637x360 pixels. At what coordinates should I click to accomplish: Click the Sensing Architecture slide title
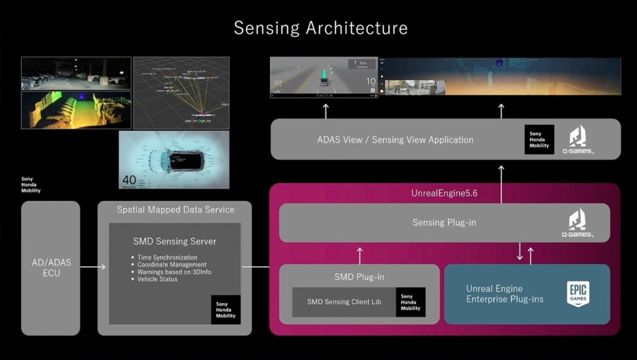(x=321, y=28)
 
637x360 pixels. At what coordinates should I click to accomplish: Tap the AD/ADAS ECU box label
(x=51, y=268)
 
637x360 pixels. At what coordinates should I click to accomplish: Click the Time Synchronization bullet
(x=167, y=258)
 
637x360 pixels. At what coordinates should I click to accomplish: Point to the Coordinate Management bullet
(x=171, y=264)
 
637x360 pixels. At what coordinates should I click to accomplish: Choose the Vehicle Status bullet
(x=157, y=279)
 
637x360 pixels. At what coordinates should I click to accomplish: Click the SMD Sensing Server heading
(x=175, y=241)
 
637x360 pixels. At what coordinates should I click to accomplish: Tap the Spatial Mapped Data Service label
(x=175, y=210)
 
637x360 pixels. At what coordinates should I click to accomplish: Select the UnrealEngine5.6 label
(x=444, y=193)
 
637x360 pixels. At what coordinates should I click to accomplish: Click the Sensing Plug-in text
(x=444, y=222)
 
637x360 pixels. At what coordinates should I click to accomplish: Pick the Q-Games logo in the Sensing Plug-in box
(x=578, y=222)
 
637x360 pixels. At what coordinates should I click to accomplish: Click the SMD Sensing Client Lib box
(x=342, y=302)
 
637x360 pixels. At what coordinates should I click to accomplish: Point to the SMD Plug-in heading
(x=359, y=277)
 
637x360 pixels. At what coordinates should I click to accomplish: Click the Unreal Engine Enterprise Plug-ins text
(x=504, y=294)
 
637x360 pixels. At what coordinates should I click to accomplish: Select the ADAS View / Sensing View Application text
(x=395, y=140)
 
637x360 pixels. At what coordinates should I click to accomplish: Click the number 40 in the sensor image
(x=130, y=180)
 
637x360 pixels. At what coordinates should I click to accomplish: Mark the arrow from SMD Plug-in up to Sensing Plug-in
(x=359, y=255)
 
